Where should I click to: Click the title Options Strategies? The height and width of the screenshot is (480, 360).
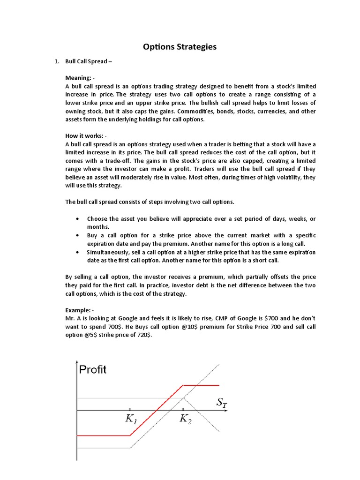click(180, 46)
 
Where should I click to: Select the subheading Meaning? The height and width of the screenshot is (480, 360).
click(80, 77)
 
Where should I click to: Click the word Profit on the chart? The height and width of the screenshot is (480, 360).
click(93, 370)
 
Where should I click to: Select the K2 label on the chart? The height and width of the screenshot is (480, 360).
click(186, 420)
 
